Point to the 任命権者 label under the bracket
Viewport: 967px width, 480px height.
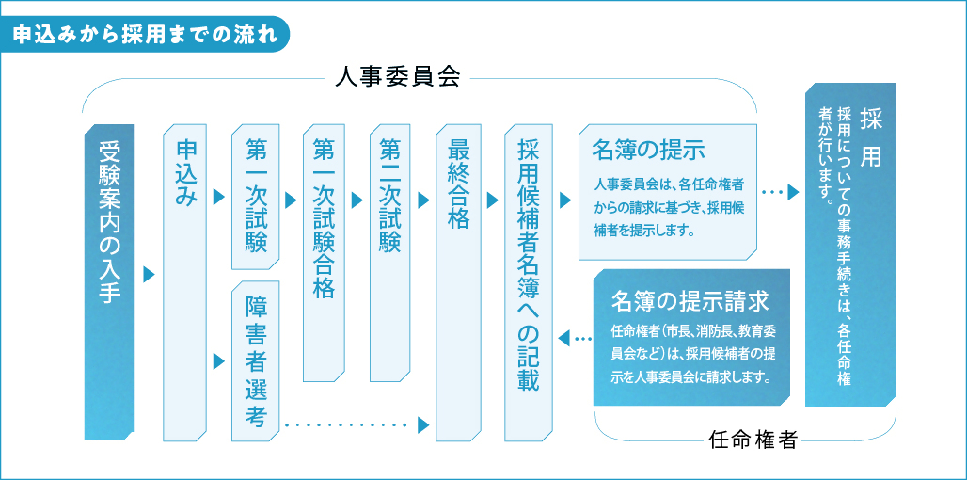[x=753, y=439]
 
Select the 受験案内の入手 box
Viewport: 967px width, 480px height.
[x=110, y=282]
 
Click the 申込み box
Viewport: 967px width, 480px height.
[x=184, y=282]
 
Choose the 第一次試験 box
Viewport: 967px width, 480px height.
[x=256, y=197]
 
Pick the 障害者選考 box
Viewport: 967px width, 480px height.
[x=256, y=361]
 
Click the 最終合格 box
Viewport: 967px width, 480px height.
[x=458, y=282]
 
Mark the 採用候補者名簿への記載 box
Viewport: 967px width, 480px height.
[x=527, y=282]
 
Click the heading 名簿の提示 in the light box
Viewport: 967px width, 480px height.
[x=649, y=150]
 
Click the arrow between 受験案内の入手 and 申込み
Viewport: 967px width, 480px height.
[x=148, y=275]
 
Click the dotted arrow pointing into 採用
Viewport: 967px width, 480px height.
[x=780, y=192]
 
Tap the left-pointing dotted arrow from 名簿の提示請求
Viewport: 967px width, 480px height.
[x=575, y=337]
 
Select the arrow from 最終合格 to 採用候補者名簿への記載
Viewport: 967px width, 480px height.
[x=492, y=200]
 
